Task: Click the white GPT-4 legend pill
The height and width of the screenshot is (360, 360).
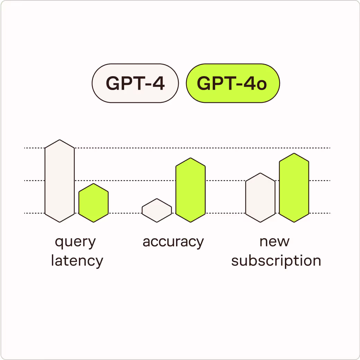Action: (135, 83)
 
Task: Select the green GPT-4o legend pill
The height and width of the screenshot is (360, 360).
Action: (233, 83)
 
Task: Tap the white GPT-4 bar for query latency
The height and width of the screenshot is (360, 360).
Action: (60, 181)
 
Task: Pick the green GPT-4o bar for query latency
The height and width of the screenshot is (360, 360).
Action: (93, 203)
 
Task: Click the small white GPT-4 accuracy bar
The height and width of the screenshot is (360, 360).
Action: (157, 210)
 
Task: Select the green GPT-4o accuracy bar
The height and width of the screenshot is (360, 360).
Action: (191, 190)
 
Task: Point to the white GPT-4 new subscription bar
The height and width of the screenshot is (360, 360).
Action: (260, 198)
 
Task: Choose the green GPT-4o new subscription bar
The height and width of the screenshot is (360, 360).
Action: (294, 188)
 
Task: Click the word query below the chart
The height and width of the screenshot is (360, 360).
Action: (75, 242)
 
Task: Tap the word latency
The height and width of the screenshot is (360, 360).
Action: (77, 260)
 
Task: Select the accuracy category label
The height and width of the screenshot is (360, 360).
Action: (173, 242)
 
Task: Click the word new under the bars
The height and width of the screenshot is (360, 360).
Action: (275, 242)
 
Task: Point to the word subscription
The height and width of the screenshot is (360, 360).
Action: (276, 260)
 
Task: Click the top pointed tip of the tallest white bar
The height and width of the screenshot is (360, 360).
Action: (60, 140)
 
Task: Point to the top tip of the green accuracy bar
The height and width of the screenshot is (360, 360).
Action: (191, 159)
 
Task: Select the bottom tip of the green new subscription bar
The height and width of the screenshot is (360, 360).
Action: (294, 222)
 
